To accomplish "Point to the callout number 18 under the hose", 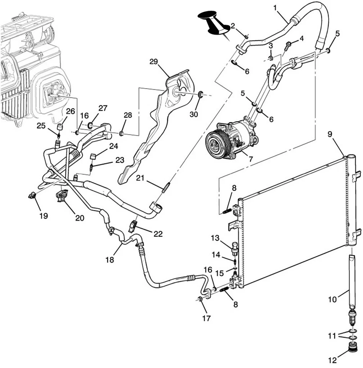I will click(110, 260).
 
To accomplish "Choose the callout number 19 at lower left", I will click(43, 216).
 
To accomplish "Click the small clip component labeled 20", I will click(61, 196).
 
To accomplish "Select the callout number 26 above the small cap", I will click(70, 112).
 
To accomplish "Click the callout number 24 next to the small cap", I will click(114, 146).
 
